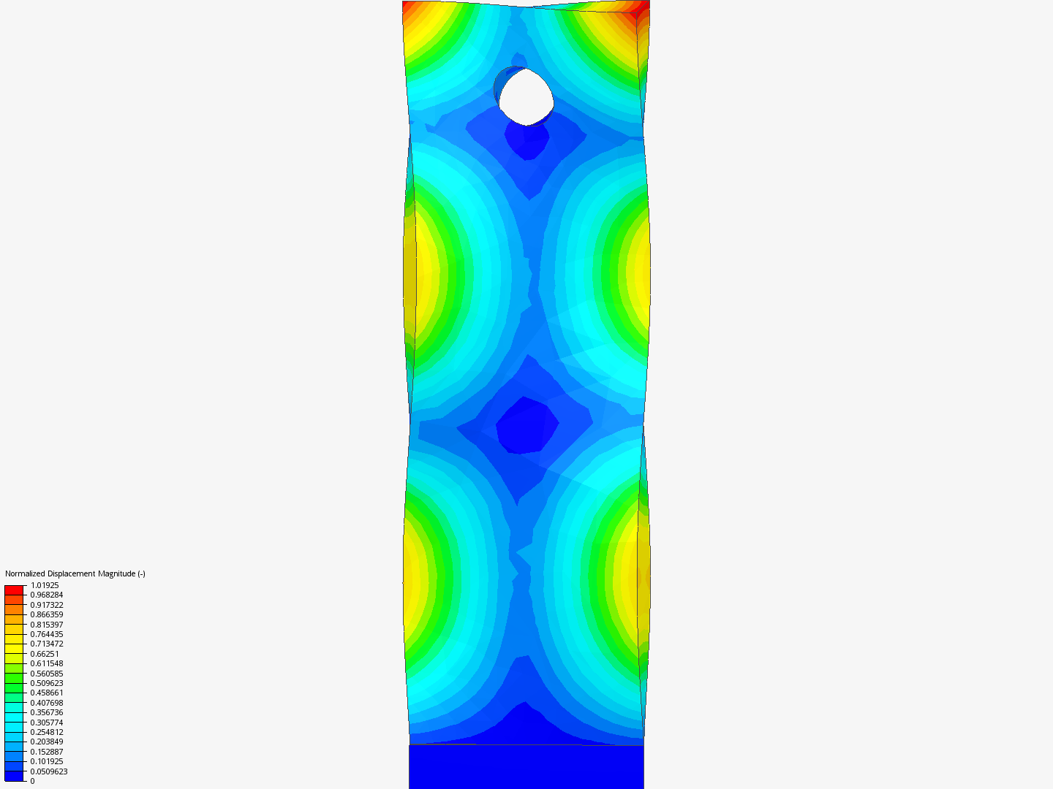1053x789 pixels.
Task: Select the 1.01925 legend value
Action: [45, 585]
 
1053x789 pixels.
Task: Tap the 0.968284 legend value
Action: [47, 595]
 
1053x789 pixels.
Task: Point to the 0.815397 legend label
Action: [47, 625]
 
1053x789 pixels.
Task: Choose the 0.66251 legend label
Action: [45, 654]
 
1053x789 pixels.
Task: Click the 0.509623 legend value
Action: [47, 683]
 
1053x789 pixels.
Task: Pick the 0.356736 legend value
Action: [47, 712]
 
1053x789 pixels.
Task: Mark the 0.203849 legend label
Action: [47, 742]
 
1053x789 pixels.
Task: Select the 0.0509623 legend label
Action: [49, 771]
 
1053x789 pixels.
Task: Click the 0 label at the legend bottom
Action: [32, 781]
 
